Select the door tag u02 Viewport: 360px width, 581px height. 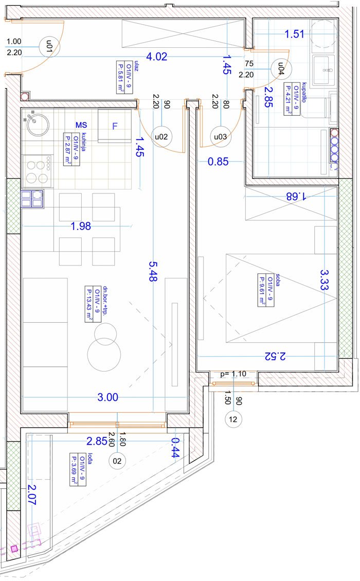pyautogui.click(x=161, y=136)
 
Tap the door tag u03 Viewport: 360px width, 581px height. pyautogui.click(x=220, y=136)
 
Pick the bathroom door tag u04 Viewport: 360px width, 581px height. pyautogui.click(x=281, y=68)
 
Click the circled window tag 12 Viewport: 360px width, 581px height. pyautogui.click(x=233, y=419)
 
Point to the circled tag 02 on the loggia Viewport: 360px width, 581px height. pyautogui.click(x=117, y=461)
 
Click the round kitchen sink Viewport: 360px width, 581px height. pyautogui.click(x=38, y=125)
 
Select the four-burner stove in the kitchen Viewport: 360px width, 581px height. pyautogui.click(x=38, y=170)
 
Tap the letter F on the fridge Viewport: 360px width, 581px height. pyautogui.click(x=115, y=126)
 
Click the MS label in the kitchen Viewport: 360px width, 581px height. pyautogui.click(x=81, y=125)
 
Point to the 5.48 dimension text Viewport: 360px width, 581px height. pyautogui.click(x=153, y=271)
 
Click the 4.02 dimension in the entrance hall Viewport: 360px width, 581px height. pyautogui.click(x=157, y=57)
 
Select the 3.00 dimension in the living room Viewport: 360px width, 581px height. pyautogui.click(x=108, y=397)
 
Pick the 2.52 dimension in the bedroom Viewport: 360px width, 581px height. pyautogui.click(x=275, y=356)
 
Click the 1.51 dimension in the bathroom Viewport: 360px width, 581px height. pyautogui.click(x=295, y=34)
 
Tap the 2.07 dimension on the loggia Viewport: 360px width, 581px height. pyautogui.click(x=32, y=495)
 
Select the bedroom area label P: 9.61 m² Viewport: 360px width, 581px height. pyautogui.click(x=262, y=289)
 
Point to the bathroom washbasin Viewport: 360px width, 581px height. pyautogui.click(x=323, y=70)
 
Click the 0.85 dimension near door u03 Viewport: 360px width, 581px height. pyautogui.click(x=218, y=162)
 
